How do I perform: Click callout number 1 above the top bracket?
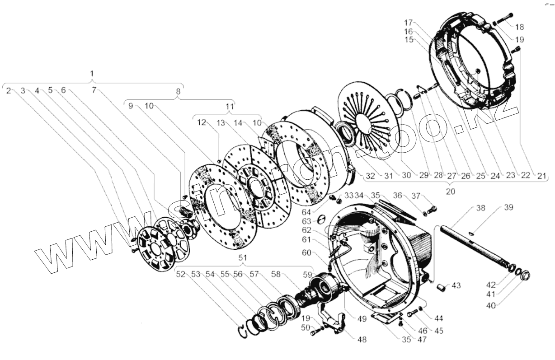[92, 73]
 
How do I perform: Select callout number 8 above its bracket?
[178, 91]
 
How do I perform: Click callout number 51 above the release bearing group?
[243, 258]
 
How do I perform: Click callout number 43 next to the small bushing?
[456, 285]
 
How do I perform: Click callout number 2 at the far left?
[9, 90]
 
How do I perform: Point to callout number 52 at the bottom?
[181, 274]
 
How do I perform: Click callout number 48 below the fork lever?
[362, 339]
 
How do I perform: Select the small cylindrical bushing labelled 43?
[442, 286]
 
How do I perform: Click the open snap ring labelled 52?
[245, 331]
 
